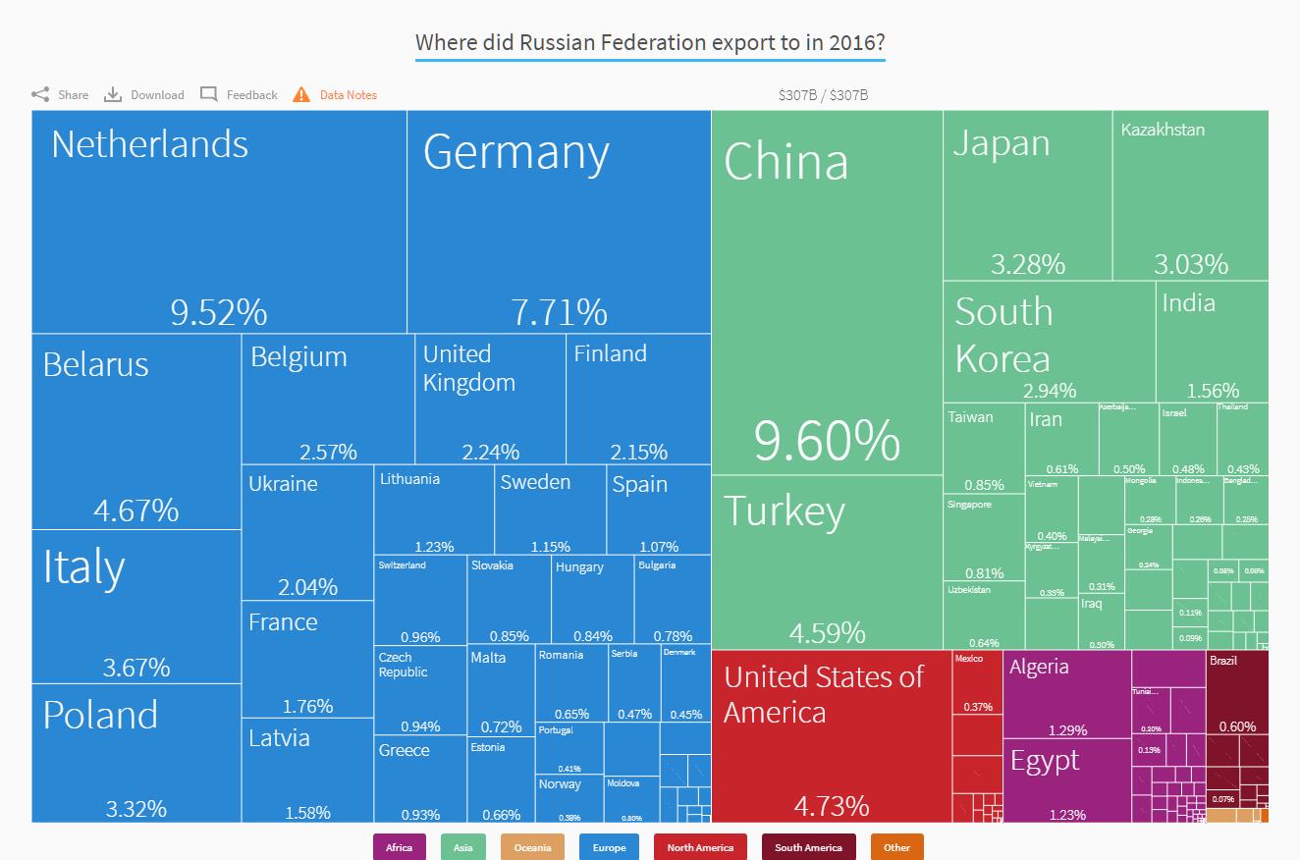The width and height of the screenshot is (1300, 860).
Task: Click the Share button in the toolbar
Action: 60,95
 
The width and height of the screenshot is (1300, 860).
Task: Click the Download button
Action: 144,95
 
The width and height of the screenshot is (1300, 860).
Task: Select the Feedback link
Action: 240,95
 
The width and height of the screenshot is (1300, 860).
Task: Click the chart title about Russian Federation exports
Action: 650,43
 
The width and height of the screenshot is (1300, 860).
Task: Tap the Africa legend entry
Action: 400,847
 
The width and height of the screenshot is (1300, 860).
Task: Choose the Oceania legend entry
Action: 532,847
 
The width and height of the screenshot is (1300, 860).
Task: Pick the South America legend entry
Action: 808,847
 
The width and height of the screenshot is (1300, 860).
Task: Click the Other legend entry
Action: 896,847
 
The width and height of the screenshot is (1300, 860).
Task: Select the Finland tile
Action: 638,399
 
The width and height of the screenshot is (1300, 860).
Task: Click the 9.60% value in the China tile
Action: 827,441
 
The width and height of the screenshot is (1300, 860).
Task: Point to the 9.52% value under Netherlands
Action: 218,312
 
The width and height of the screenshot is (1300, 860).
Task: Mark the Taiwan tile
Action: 984,448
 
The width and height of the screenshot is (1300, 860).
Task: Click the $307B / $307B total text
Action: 823,95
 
